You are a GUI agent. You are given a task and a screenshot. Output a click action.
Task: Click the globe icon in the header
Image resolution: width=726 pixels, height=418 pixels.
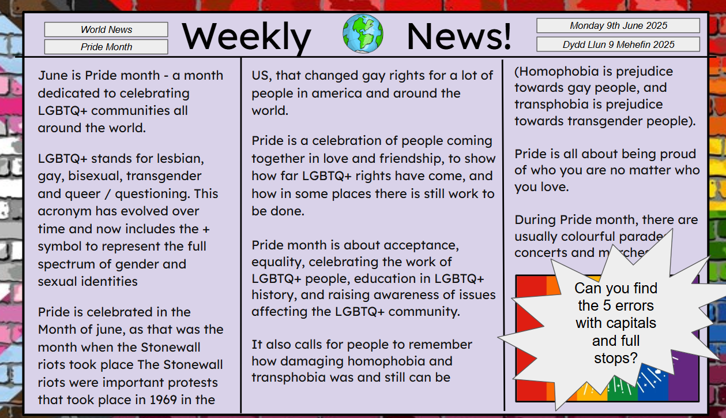coord(363,33)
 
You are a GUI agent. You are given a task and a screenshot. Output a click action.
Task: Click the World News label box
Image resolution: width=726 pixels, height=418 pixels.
coord(106,29)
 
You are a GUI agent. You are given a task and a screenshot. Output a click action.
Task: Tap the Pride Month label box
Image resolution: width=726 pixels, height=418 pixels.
coord(106,47)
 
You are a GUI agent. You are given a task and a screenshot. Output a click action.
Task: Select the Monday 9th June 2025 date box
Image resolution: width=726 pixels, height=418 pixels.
coord(618,25)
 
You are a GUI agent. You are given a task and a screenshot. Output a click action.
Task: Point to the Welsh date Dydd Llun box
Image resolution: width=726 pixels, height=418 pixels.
coord(618,44)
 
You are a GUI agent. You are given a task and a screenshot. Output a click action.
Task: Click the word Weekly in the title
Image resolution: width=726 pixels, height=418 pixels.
coord(246,38)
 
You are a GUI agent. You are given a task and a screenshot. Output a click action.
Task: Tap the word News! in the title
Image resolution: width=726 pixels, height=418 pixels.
coord(459,36)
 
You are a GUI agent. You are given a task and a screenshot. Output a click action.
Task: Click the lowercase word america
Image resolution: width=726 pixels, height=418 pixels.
coord(336,94)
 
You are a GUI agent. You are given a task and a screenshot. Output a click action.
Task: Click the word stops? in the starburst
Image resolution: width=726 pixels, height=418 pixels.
coord(616,359)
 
